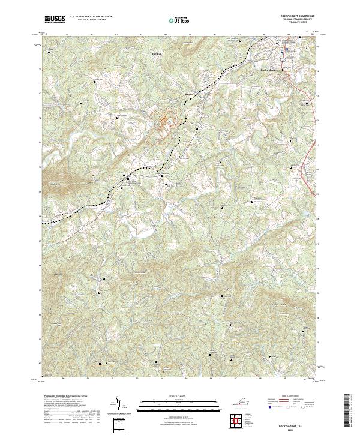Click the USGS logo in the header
coord(55,19)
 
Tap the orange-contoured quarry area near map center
coord(164,119)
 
